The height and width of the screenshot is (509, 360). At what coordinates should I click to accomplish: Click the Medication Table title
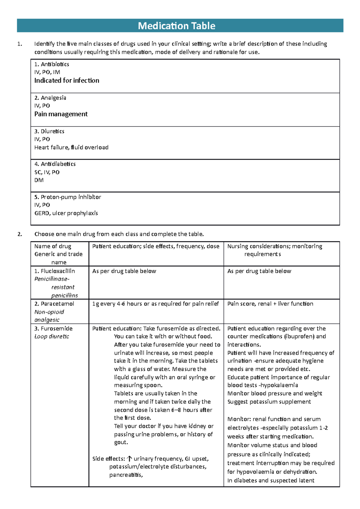176,26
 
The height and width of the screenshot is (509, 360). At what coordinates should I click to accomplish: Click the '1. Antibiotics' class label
52,64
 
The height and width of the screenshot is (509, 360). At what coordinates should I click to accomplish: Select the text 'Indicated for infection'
67,80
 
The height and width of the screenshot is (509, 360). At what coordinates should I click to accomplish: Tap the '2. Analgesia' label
50,98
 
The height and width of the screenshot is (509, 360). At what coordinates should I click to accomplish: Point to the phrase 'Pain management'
61,114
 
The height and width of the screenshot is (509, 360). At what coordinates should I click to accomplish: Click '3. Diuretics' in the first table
49,131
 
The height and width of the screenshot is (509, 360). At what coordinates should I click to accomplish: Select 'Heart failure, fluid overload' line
71,147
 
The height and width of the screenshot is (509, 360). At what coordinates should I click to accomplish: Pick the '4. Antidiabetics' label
55,164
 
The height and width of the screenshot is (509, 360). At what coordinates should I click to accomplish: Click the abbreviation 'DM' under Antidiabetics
39,180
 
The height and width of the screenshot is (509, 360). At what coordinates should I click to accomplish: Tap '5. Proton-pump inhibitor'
67,197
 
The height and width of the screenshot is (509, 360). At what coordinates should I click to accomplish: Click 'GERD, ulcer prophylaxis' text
66,213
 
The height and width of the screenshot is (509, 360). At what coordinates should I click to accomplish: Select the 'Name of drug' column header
53,246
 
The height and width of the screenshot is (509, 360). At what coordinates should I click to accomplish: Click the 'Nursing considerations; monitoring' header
274,246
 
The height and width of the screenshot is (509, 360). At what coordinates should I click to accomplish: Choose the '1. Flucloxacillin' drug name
54,271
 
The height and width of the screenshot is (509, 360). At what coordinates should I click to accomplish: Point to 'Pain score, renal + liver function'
270,304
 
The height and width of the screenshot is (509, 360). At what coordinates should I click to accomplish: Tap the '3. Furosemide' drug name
53,329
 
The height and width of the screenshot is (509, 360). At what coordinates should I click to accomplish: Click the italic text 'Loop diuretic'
52,336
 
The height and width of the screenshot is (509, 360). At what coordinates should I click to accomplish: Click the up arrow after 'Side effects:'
129,459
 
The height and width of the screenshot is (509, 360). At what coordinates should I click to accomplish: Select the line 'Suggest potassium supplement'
269,402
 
